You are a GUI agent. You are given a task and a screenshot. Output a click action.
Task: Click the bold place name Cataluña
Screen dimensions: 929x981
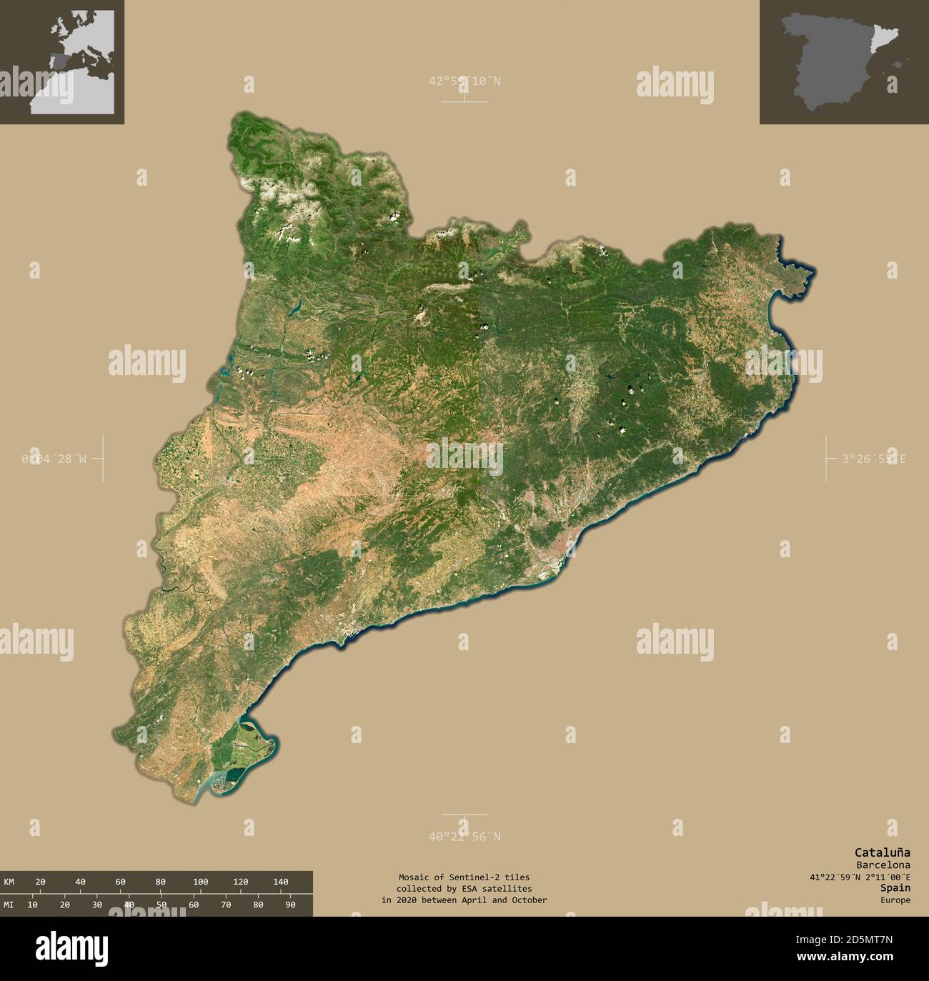click(883, 852)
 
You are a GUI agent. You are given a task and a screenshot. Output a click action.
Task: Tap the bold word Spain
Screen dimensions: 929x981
click(895, 887)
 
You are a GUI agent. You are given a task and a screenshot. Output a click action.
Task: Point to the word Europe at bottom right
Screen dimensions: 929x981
click(895, 900)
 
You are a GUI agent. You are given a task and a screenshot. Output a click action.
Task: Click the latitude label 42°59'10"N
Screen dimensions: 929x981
click(464, 81)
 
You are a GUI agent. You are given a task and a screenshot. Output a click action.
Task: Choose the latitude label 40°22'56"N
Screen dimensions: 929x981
click(464, 837)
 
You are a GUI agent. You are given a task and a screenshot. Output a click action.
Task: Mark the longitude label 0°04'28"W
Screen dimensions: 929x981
click(54, 459)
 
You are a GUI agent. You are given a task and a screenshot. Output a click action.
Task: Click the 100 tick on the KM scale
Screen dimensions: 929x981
click(201, 882)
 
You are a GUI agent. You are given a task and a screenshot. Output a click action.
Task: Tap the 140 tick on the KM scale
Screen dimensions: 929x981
click(281, 882)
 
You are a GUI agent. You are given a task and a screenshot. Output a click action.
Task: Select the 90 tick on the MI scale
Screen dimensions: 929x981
click(290, 905)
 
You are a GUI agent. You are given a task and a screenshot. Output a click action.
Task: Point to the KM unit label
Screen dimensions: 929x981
click(9, 882)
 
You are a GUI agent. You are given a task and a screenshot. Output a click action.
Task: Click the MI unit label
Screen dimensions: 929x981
click(9, 905)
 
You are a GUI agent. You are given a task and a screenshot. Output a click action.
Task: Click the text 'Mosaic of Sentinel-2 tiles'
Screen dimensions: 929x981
click(464, 877)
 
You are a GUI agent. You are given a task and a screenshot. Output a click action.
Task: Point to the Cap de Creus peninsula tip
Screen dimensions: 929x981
click(811, 272)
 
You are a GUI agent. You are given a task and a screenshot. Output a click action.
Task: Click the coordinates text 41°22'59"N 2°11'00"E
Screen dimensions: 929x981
click(855, 877)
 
